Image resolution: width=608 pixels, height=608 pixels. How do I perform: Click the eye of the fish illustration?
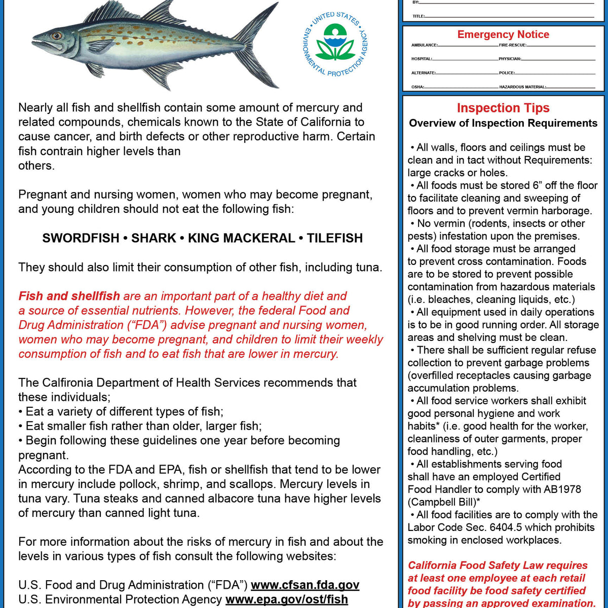pos(56,36)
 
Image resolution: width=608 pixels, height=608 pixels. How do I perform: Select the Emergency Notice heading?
pos(503,34)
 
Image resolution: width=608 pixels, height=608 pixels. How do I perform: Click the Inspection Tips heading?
pos(503,108)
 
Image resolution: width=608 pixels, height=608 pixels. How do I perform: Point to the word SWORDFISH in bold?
pos(81,238)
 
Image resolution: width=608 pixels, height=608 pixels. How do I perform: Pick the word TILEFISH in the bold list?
pos(335,238)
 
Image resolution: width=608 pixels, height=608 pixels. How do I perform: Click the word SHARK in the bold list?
pos(154,238)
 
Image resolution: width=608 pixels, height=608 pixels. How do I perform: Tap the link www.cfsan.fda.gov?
pos(305,585)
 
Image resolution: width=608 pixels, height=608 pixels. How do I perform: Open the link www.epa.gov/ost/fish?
pos(287,599)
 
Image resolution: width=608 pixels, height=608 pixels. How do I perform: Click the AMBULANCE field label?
pos(424,46)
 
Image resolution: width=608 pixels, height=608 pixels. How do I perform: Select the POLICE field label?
pos(507,73)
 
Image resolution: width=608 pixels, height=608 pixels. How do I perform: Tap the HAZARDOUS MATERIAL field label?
pos(522,87)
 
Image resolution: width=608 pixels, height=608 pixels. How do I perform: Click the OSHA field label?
pos(417,87)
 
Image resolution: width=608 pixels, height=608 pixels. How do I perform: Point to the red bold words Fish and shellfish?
pos(69,296)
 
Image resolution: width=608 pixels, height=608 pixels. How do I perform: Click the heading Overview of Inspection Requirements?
pos(503,123)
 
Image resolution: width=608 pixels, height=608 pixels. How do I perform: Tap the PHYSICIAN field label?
pos(510,59)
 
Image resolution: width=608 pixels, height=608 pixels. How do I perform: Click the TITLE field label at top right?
pos(418,16)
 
